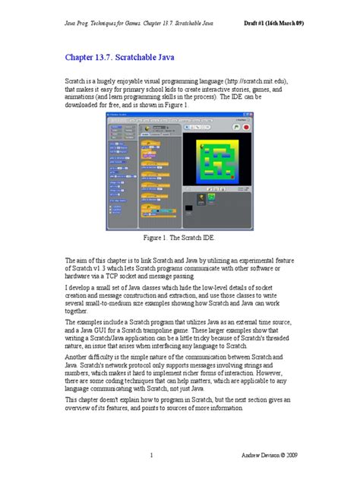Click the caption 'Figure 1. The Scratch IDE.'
(179, 238)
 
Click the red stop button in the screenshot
(246, 128)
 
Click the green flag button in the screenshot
(236, 128)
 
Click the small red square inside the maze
(232, 177)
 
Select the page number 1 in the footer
(153, 456)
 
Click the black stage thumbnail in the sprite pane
(188, 207)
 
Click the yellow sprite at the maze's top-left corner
(202, 147)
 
